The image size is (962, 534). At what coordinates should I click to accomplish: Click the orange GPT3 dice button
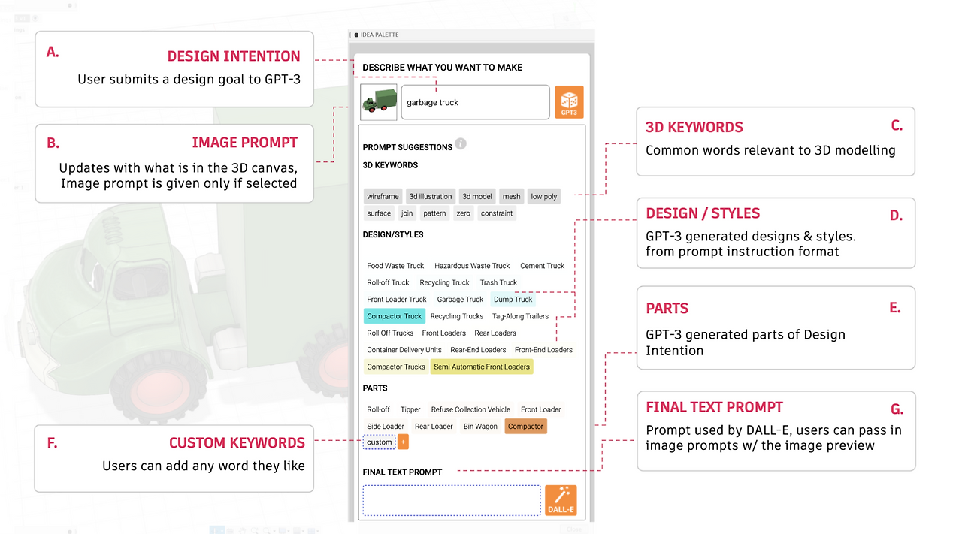coord(569,102)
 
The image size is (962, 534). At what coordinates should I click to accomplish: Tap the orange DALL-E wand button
coord(561,500)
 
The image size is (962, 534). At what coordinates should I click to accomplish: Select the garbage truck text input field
coord(475,102)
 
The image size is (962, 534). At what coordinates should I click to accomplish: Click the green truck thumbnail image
coord(378,102)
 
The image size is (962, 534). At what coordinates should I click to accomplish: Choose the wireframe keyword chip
coord(383,196)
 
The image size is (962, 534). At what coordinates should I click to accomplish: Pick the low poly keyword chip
coord(543,196)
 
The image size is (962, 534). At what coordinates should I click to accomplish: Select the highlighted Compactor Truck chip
coord(395,316)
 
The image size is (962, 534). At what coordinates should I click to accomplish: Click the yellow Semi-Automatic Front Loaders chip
coord(482,367)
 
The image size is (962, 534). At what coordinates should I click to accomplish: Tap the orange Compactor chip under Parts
coord(525,427)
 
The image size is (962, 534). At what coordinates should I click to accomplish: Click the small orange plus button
coord(403,442)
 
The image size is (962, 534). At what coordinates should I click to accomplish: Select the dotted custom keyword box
coord(380,442)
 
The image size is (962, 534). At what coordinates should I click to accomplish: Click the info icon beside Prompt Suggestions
coord(461,143)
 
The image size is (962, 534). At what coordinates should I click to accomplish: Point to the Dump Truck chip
coord(513,299)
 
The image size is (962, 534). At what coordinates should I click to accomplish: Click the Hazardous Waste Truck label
coord(472,266)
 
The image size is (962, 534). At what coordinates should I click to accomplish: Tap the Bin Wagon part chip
coord(480,427)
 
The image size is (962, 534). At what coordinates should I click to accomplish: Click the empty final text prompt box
coord(452,500)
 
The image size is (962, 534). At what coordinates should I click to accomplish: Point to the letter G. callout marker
coord(897,409)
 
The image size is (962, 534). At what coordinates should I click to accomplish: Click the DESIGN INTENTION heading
coord(234,56)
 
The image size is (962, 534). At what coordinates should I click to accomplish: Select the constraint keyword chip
coord(497,213)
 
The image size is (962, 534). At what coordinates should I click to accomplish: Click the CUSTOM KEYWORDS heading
coord(237,443)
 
